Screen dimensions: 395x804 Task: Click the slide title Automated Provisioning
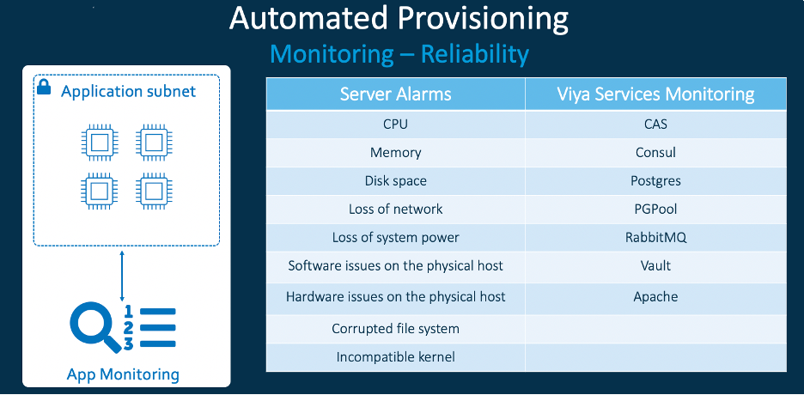click(399, 19)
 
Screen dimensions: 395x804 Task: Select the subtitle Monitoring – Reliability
click(399, 55)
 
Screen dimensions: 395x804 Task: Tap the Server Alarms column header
click(395, 94)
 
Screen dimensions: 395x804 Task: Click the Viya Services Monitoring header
click(655, 94)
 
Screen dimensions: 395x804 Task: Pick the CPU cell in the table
click(395, 124)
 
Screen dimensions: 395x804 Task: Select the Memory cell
click(395, 153)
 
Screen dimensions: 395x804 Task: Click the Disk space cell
click(395, 181)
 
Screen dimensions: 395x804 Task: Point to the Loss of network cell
click(395, 210)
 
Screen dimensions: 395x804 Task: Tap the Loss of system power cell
click(395, 238)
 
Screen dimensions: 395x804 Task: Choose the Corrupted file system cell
click(395, 328)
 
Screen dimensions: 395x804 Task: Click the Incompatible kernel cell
click(395, 356)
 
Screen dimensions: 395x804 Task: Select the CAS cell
click(655, 124)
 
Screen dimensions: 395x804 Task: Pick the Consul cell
click(655, 153)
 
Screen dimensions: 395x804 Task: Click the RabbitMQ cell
click(655, 238)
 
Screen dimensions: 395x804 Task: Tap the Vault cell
click(655, 267)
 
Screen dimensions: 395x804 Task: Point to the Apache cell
click(655, 297)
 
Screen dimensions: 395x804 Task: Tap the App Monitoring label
click(123, 374)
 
